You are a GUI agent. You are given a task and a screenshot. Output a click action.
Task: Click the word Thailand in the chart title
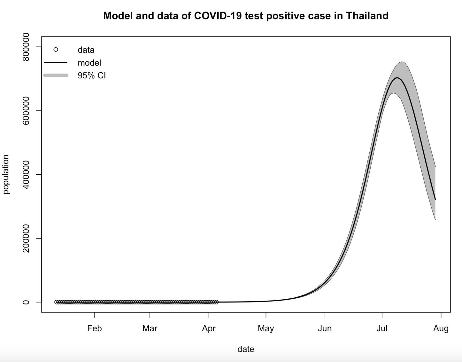click(x=367, y=16)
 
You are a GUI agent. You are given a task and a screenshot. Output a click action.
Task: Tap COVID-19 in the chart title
click(x=218, y=16)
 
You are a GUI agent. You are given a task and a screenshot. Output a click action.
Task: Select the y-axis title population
click(x=6, y=175)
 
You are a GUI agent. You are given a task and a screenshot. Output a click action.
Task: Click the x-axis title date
click(x=246, y=349)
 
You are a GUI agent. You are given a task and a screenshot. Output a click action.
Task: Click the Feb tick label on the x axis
click(x=95, y=328)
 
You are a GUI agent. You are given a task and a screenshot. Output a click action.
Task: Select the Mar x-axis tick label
click(x=150, y=328)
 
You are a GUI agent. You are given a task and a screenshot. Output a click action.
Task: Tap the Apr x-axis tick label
click(x=209, y=328)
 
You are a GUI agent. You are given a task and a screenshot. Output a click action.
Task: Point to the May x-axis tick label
click(x=266, y=328)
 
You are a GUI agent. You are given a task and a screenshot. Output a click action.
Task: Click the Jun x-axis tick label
click(x=325, y=328)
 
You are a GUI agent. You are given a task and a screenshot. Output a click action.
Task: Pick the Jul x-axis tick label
click(x=382, y=328)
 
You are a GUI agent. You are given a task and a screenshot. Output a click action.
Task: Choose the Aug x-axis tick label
click(x=441, y=328)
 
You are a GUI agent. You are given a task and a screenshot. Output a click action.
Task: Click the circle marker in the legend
click(x=56, y=50)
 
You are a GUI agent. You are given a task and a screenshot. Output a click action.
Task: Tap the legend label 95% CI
click(x=92, y=75)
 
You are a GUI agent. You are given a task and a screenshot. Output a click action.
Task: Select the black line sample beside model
click(x=56, y=62)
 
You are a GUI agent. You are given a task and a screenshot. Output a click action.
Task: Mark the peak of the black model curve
click(x=397, y=78)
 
